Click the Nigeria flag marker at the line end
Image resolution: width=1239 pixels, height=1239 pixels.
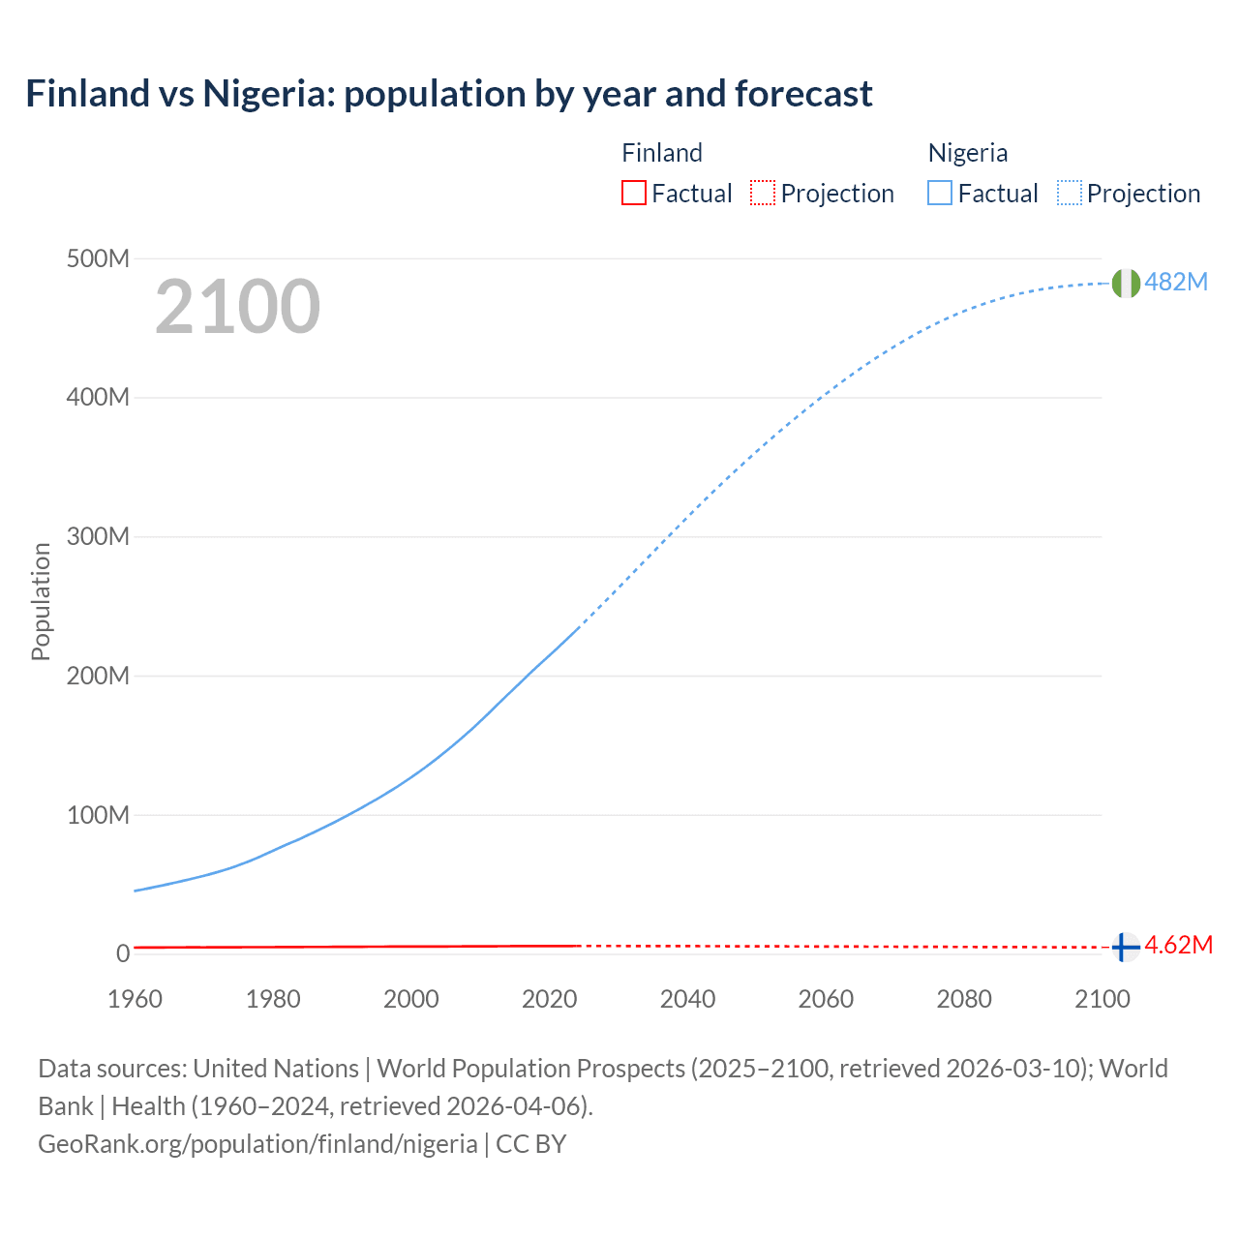point(1125,283)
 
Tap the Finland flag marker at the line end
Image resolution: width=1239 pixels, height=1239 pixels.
point(1124,947)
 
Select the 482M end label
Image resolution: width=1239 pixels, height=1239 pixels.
point(1176,282)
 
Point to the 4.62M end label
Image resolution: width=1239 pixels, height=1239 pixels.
point(1178,946)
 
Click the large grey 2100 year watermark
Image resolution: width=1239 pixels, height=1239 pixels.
point(237,307)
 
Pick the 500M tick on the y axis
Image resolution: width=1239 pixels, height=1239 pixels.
point(98,259)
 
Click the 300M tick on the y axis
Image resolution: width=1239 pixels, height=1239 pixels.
point(98,537)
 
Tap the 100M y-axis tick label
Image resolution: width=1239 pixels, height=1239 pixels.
point(98,815)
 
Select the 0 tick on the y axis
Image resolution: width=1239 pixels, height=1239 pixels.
point(123,953)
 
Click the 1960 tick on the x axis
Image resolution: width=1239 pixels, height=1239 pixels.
point(135,999)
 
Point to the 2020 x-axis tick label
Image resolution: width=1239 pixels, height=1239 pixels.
point(549,999)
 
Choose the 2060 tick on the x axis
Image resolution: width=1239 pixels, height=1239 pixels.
point(826,999)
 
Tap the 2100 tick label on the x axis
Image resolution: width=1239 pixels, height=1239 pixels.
point(1102,999)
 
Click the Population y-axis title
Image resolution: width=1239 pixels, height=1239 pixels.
point(41,601)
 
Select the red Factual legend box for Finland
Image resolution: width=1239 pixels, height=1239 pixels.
point(634,194)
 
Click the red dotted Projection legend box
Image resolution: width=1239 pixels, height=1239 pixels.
point(763,194)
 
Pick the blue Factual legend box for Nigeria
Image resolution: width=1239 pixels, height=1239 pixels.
point(940,194)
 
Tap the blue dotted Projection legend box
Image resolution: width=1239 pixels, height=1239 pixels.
point(1069,194)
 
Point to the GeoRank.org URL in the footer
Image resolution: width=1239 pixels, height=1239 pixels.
point(257,1144)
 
